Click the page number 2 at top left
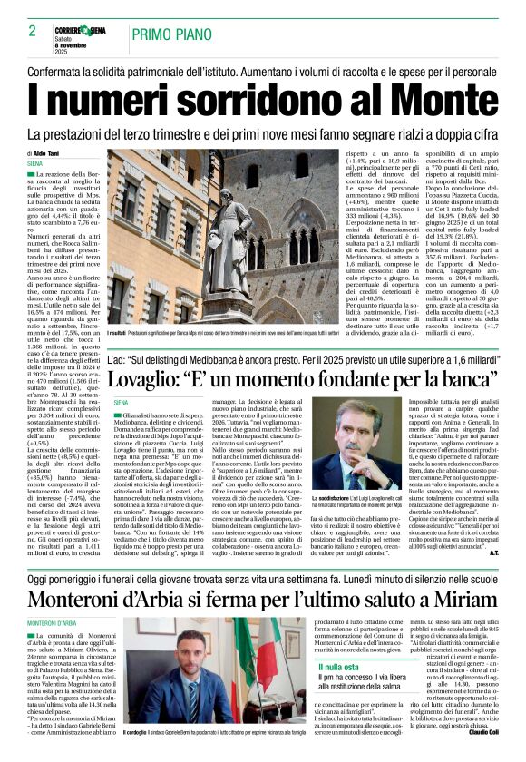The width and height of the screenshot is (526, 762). [x=32, y=31]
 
